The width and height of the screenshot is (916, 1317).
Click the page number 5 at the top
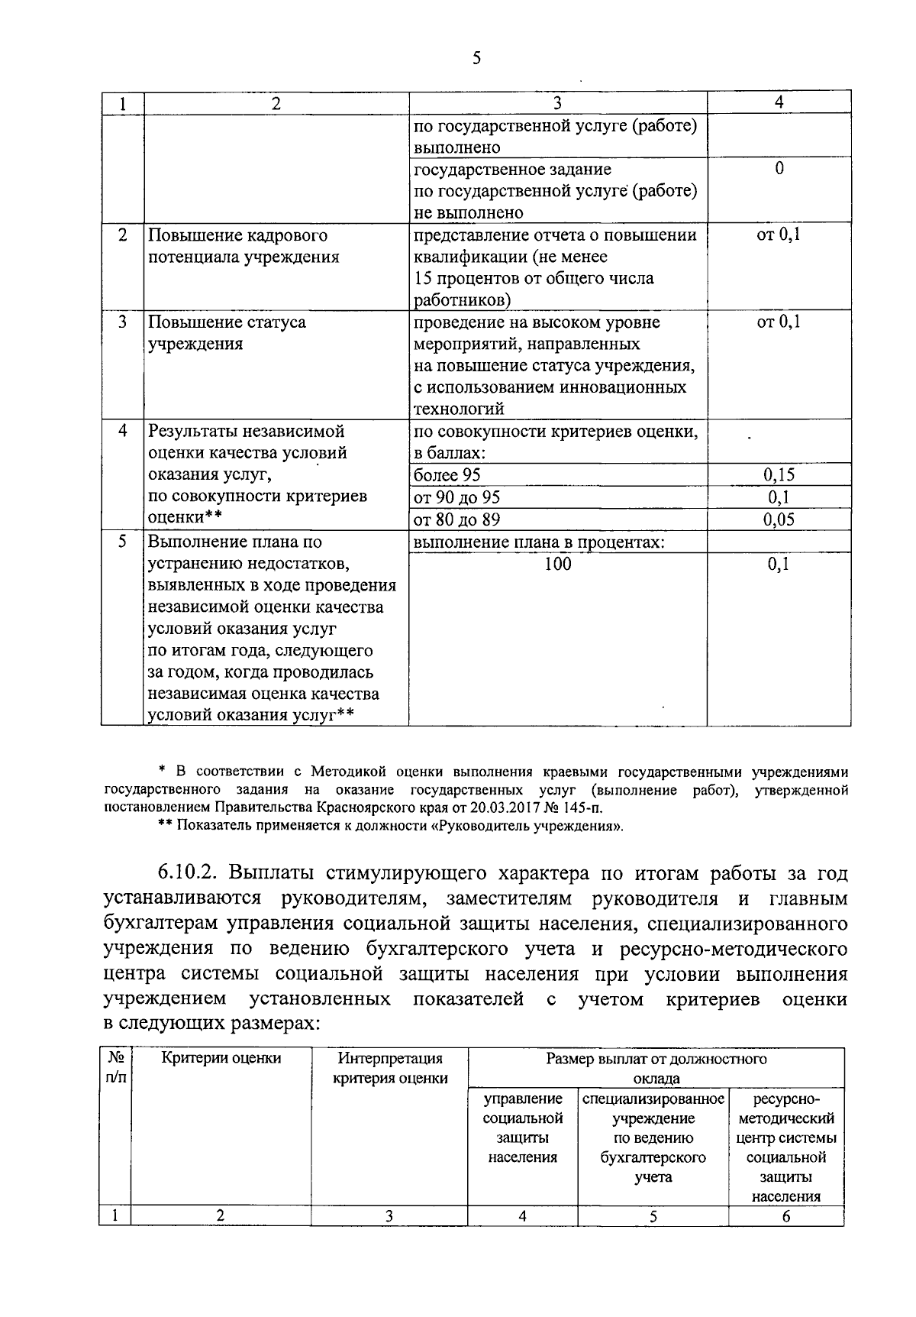(476, 58)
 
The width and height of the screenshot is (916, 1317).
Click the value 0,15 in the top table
(779, 475)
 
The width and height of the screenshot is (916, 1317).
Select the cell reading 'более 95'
(447, 475)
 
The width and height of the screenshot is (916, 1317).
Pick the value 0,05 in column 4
(779, 519)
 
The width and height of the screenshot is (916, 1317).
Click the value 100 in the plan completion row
(558, 564)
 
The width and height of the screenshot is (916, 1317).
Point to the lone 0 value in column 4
(779, 169)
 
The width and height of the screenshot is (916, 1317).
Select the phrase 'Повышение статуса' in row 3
(227, 322)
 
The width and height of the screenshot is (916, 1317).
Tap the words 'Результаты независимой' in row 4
(247, 432)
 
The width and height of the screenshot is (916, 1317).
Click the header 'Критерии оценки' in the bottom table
(221, 1058)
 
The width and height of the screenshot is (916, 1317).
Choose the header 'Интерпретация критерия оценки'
(390, 1068)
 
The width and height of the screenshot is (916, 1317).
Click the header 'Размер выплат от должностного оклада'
(656, 1068)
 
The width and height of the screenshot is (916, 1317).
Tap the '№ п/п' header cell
(116, 1068)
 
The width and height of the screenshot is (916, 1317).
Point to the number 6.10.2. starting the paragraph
(188, 873)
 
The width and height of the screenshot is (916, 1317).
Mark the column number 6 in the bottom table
(785, 1217)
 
